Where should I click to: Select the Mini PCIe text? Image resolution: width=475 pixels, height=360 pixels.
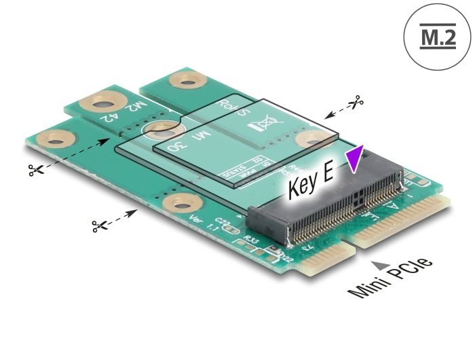coord(391,278)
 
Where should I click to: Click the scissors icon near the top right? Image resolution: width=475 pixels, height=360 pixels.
coord(354,103)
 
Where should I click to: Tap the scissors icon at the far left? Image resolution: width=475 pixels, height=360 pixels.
coord(35,170)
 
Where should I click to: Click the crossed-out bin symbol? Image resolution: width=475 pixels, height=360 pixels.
coord(260,126)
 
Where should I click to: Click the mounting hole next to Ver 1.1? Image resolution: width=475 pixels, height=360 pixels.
coord(182,202)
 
